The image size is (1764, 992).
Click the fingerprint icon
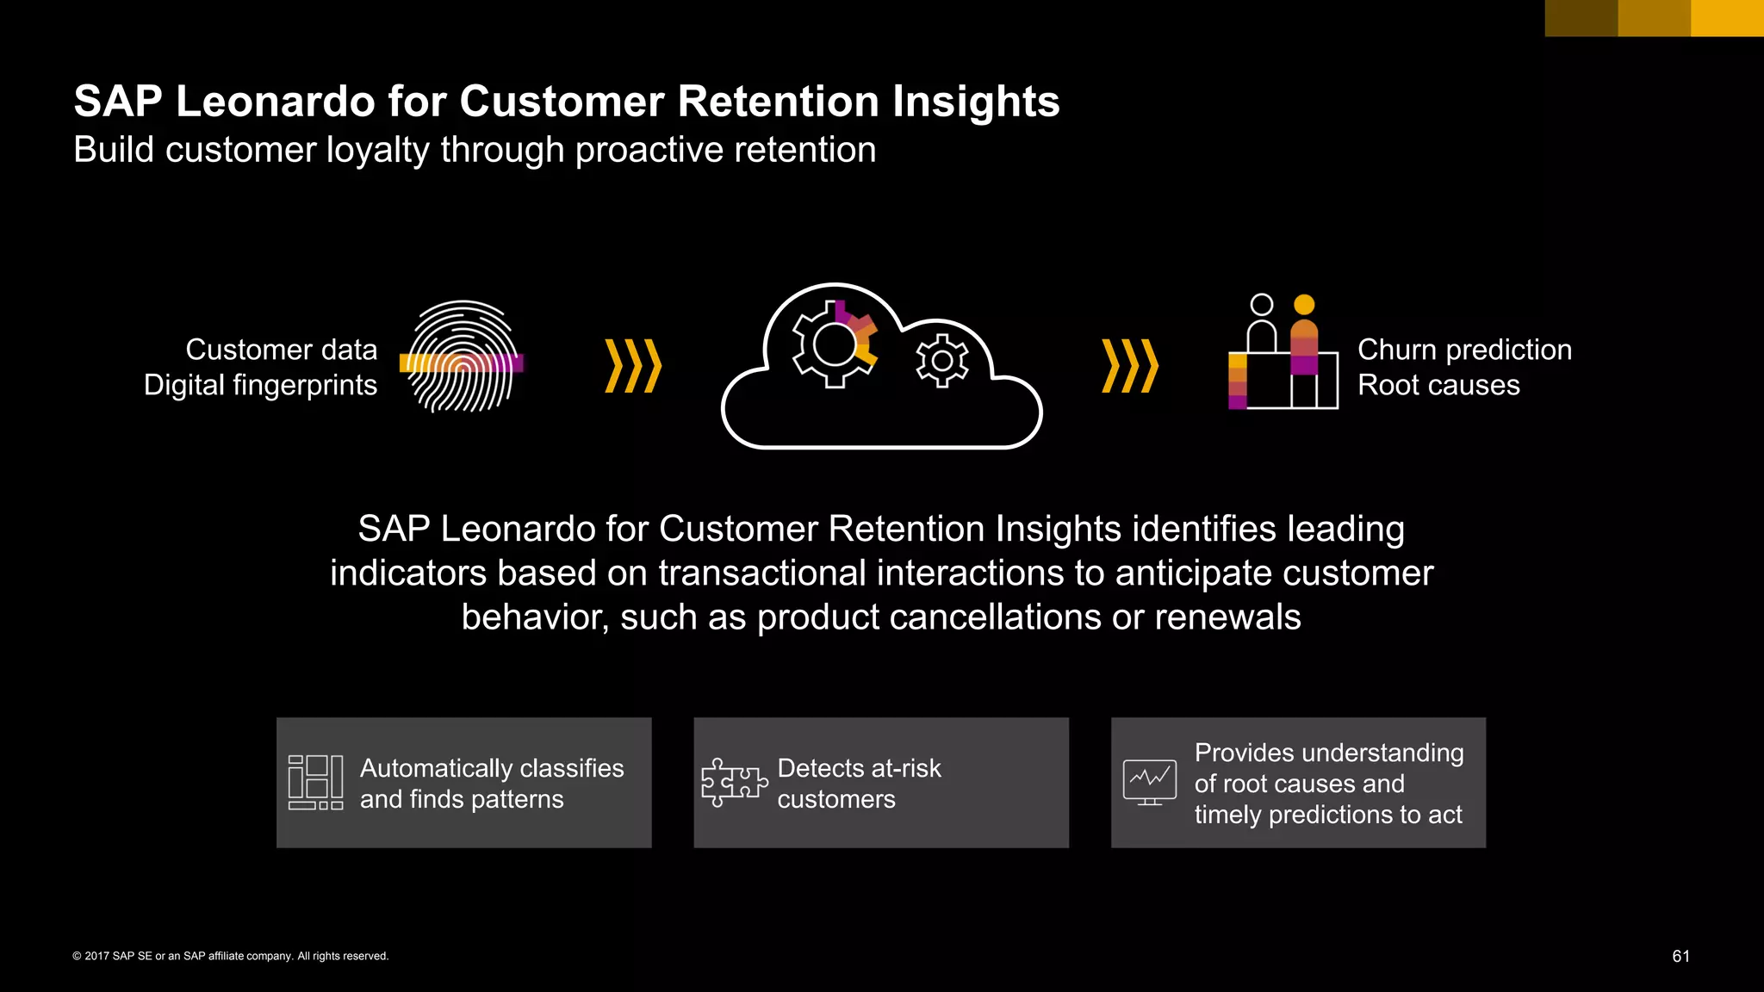point(463,356)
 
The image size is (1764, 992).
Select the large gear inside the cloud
point(834,345)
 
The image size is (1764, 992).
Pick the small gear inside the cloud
point(941,361)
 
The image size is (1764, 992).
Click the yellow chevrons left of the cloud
point(633,366)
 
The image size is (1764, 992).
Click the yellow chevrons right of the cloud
point(1130,366)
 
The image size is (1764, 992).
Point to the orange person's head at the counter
point(1304,305)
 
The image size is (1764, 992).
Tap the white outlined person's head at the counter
point(1261,305)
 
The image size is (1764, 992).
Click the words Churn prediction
point(1464,350)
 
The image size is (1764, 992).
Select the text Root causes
point(1438,385)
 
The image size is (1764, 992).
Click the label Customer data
point(282,350)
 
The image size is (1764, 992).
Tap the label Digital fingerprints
point(260,385)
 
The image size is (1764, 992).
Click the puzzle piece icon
point(733,782)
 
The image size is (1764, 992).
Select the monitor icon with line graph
point(1149,782)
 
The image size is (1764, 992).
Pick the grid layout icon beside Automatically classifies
point(315,782)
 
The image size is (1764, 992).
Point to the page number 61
point(1680,957)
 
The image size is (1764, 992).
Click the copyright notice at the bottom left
point(231,957)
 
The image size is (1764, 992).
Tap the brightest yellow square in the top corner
point(1727,18)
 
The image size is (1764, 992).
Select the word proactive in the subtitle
point(639,151)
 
